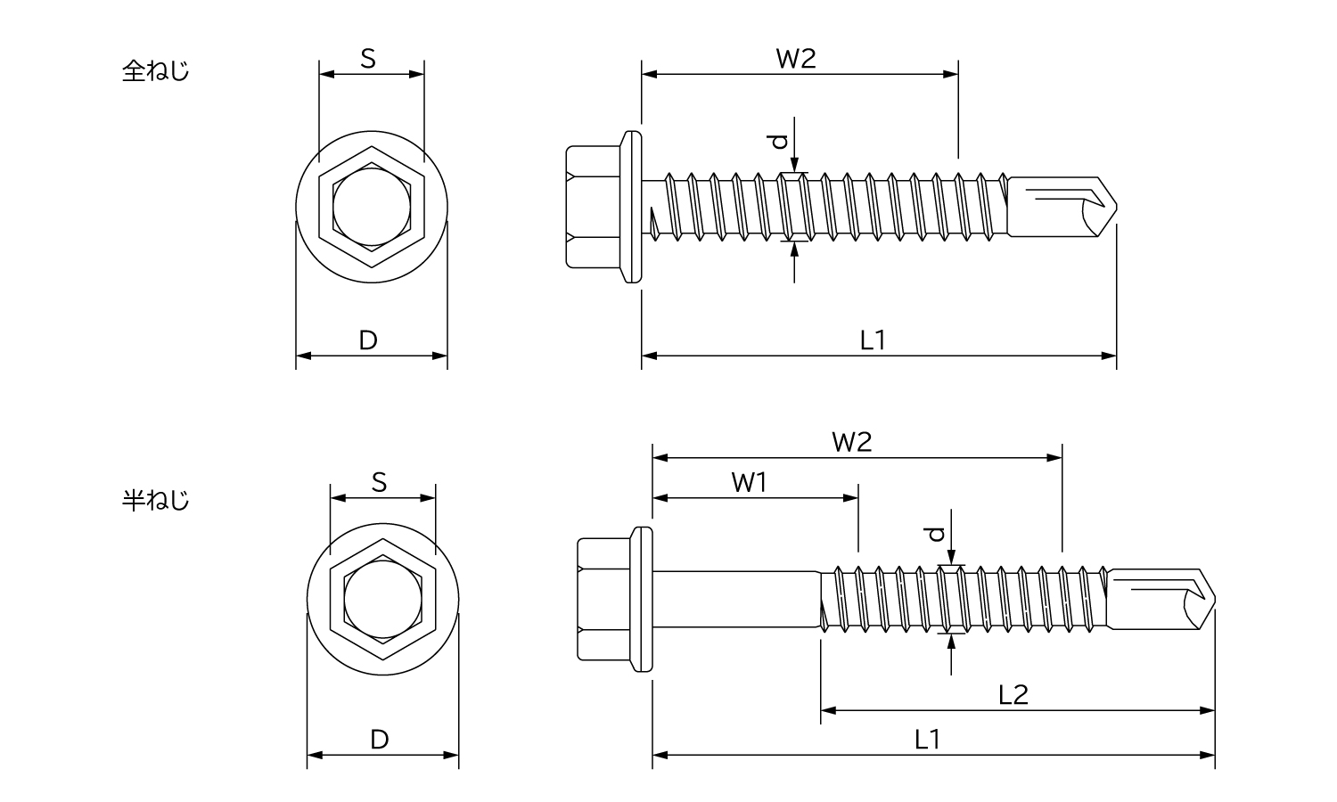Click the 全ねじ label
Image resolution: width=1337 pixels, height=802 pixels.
coord(155,71)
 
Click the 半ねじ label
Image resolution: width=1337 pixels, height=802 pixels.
coord(155,500)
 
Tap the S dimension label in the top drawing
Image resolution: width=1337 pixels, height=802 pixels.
coord(368,59)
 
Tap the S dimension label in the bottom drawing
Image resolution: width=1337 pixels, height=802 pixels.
coord(380,482)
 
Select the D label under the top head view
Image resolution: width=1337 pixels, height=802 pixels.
coord(368,340)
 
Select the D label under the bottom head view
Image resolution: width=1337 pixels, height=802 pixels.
coord(380,740)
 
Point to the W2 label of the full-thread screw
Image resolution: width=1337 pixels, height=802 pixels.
coord(796,59)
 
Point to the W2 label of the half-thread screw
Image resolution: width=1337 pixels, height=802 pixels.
coord(852,442)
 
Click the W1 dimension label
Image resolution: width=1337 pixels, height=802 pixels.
coord(749,482)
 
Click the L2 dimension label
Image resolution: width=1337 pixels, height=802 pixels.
coord(1013,694)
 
